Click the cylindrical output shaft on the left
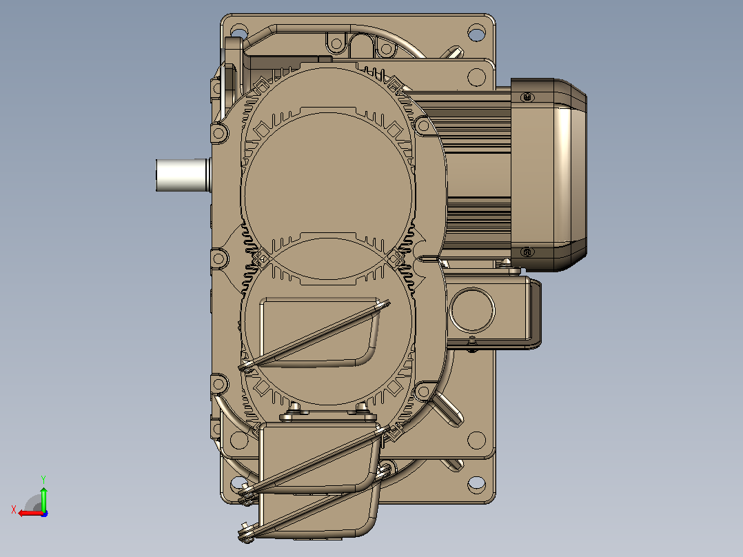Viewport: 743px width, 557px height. [183, 175]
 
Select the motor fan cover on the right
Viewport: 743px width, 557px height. [549, 175]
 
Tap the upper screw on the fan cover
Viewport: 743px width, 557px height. [527, 97]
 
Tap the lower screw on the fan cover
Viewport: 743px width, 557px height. [527, 252]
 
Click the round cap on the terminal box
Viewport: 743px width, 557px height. [472, 311]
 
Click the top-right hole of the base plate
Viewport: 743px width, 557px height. [476, 33]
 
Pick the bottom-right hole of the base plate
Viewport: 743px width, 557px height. [476, 483]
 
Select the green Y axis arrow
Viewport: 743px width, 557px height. [43, 497]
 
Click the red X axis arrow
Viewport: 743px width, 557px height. [31, 513]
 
